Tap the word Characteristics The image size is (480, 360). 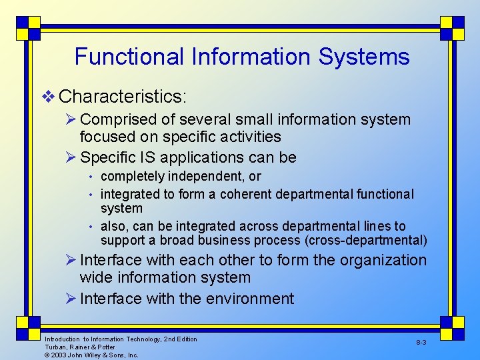[123, 97]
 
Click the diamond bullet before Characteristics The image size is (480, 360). [48, 97]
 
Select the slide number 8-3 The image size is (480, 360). [421, 342]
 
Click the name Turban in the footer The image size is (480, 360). [55, 347]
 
